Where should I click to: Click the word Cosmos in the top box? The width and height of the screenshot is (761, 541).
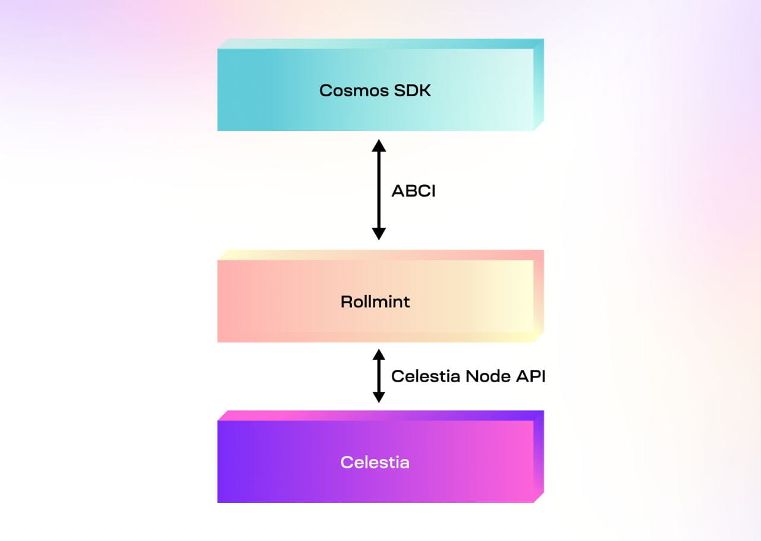click(x=354, y=91)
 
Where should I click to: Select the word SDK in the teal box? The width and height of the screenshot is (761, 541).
click(x=413, y=91)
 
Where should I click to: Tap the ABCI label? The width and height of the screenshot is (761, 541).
click(x=413, y=191)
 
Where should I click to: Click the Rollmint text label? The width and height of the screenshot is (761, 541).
click(x=375, y=302)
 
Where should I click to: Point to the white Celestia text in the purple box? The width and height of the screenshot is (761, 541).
click(x=375, y=462)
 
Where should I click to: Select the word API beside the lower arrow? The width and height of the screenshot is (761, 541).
click(x=530, y=376)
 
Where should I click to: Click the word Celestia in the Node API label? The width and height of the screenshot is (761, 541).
click(x=426, y=376)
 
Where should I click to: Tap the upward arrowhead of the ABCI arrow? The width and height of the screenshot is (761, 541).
click(x=379, y=146)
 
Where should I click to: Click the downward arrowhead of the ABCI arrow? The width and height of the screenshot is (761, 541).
click(x=379, y=234)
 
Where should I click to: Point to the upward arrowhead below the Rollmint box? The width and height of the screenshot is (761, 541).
click(x=379, y=354)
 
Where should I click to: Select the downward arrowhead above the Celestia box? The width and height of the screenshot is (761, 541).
click(x=379, y=397)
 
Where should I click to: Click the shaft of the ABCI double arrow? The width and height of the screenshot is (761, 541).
click(x=379, y=190)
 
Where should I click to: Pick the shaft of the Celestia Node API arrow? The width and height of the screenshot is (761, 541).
click(x=379, y=376)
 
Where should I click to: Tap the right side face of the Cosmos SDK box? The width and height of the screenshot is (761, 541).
click(x=539, y=84)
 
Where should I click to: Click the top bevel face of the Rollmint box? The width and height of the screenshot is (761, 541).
click(x=380, y=255)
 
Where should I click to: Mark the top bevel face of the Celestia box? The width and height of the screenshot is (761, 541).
click(x=380, y=416)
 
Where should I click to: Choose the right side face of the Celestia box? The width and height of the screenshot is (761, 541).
click(x=539, y=457)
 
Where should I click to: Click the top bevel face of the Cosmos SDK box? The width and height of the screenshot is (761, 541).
click(x=380, y=44)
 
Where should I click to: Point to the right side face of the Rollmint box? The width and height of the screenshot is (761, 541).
click(x=539, y=296)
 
